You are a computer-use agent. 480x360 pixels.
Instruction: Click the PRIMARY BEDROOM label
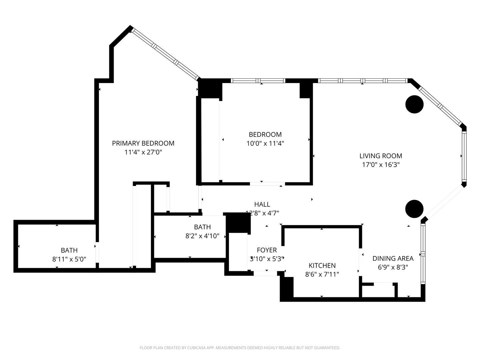pos(143,143)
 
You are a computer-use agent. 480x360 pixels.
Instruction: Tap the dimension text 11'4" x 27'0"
pos(143,152)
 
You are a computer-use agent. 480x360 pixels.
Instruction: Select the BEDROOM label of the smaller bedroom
pos(265,135)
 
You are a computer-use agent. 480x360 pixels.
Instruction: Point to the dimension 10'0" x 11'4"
pos(265,143)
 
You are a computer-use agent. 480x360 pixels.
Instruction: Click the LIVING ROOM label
pos(381,156)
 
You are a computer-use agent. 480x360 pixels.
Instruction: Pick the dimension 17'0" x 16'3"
pos(381,165)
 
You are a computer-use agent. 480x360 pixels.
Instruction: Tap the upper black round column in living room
pos(414,104)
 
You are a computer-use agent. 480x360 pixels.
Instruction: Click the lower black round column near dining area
pos(414,209)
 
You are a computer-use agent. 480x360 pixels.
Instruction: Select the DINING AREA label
pos(393,258)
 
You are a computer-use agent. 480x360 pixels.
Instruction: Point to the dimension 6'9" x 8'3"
pos(393,267)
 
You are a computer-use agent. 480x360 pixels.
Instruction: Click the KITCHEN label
pos(322,266)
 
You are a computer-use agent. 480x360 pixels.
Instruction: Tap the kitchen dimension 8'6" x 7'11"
pos(322,274)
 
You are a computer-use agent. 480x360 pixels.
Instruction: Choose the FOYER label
pos(267,250)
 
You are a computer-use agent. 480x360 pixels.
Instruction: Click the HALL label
pos(262,204)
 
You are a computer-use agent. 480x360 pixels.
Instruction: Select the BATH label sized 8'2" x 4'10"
pos(202,227)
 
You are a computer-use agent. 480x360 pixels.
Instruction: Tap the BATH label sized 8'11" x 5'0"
pos(69,250)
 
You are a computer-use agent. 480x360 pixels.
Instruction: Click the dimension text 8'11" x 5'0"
pos(69,259)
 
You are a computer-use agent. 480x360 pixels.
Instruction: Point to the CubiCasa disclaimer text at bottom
pos(240,348)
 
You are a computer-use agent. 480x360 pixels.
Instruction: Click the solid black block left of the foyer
pos(238,223)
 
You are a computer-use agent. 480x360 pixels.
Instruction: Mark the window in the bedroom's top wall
pos(258,81)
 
